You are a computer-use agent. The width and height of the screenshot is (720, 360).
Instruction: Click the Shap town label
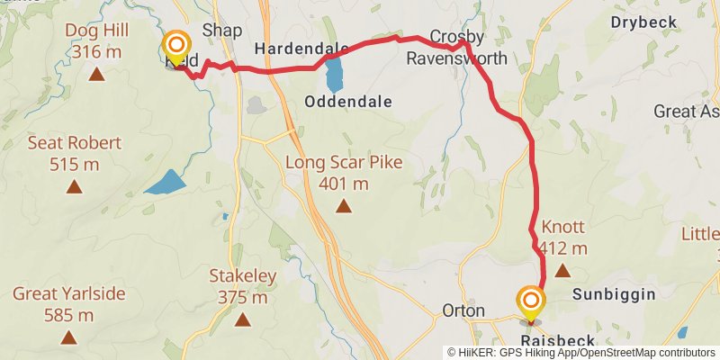pos(222,30)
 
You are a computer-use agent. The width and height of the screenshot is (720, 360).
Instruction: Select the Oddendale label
pos(348,101)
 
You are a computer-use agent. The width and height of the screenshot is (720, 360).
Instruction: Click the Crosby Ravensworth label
pos(457,48)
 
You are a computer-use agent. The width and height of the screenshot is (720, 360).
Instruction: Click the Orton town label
pos(464,310)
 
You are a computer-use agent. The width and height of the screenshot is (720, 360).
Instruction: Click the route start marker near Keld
pos(176,45)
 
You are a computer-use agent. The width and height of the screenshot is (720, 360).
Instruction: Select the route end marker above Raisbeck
pos(531,301)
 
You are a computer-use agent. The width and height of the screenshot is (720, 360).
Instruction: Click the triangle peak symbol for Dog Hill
pos(96,74)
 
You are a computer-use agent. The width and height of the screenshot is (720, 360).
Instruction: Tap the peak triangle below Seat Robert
pos(74,187)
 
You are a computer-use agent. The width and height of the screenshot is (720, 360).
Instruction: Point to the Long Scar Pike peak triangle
pos(343,207)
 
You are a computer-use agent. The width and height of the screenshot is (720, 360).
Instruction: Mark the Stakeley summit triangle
pos(242,319)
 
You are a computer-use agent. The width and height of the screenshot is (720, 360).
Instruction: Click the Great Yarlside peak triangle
pos(69,338)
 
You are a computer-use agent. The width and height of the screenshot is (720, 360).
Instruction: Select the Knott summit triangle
pos(562,270)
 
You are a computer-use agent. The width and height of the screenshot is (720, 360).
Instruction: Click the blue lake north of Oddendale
pos(334,76)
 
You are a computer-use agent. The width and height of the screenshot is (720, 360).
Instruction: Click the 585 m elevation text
pos(68,315)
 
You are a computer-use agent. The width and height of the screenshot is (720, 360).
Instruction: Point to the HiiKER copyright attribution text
pos(581,353)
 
